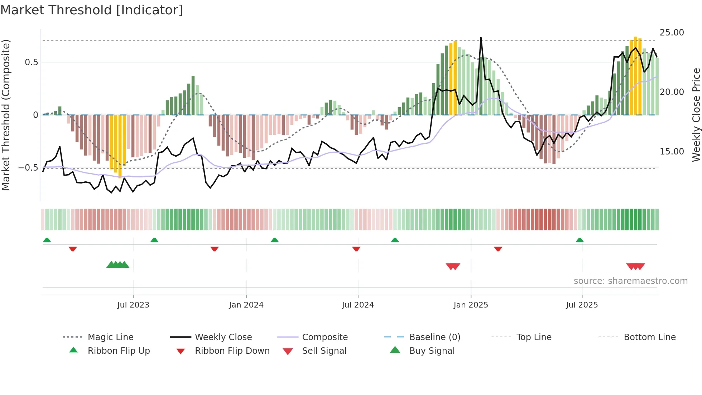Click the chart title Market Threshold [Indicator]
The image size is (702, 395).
pos(92,10)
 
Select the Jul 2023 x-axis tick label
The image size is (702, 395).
pos(133,305)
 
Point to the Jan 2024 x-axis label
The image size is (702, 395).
pos(246,305)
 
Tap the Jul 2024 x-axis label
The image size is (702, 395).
pos(358,305)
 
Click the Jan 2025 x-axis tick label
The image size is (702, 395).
pos(471,305)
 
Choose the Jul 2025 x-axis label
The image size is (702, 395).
pos(582,305)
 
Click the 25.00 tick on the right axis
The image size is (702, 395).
pos(672,33)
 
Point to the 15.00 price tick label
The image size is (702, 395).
pos(672,152)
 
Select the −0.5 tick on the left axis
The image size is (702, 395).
pos(28,168)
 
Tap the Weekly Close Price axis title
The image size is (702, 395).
pos(696,115)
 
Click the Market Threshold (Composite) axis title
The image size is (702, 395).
pos(6,115)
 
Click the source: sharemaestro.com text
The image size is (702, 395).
pos(630,281)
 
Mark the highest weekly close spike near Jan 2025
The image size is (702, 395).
pos(481,38)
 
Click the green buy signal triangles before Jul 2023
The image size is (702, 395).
pos(118,265)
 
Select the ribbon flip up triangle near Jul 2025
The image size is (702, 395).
pos(580,240)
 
